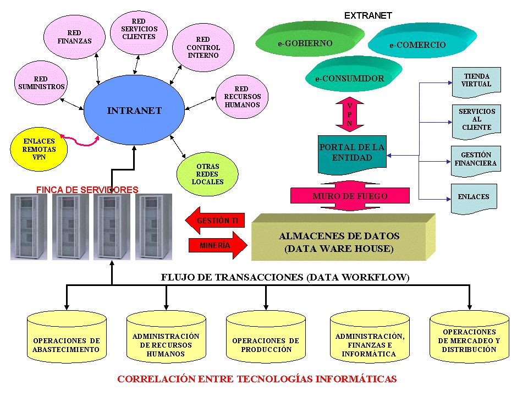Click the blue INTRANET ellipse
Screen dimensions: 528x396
pyautogui.click(x=134, y=110)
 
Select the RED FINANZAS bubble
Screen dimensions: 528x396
pyautogui.click(x=74, y=37)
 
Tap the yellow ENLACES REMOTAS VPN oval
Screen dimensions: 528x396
pyautogui.click(x=39, y=149)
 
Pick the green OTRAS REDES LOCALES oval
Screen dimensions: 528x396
pyautogui.click(x=207, y=174)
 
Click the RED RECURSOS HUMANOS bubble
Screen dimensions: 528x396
pyautogui.click(x=242, y=97)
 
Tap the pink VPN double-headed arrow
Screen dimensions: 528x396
pyautogui.click(x=350, y=114)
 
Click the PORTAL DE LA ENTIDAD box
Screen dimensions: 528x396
pyautogui.click(x=352, y=154)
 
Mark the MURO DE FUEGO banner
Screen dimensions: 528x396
pyautogui.click(x=350, y=196)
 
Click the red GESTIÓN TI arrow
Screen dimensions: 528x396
pyautogui.click(x=215, y=221)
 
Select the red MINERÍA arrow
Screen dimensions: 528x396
pyautogui.click(x=218, y=245)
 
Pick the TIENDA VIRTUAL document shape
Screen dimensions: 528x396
pyautogui.click(x=476, y=82)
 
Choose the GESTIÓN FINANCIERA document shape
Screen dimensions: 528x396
pyautogui.click(x=476, y=161)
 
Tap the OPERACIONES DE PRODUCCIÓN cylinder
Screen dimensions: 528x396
pyautogui.click(x=266, y=337)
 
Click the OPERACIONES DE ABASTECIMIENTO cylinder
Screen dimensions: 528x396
pyautogui.click(x=67, y=337)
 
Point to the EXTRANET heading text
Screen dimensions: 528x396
pyautogui.click(x=368, y=15)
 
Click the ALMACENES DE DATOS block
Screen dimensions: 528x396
pyautogui.click(x=343, y=237)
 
